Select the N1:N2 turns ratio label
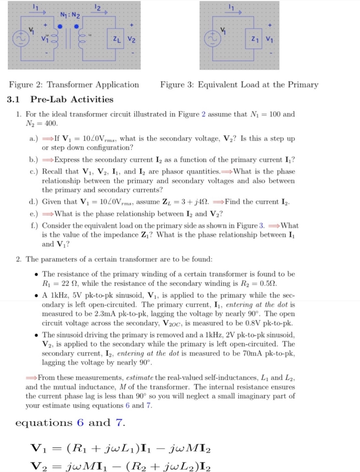70,14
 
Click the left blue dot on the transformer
60,27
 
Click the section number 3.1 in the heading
13,99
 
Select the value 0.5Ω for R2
268,284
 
